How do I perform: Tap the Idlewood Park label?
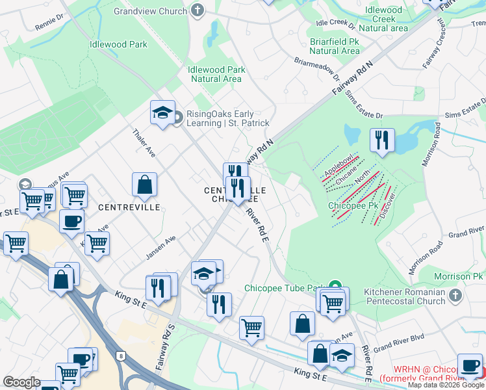pos(119,45)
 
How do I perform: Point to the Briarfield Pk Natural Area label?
pos(334,45)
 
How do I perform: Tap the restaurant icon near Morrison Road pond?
pos(381,139)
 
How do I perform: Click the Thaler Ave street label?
pos(144,142)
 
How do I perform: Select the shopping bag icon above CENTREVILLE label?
pos(144,185)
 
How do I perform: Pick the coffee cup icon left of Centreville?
pos(72,221)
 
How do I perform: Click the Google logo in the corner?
pos(21,382)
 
